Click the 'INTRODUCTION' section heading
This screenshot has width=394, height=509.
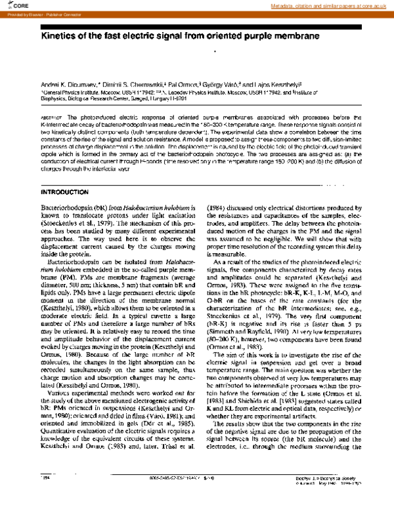(70, 193)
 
